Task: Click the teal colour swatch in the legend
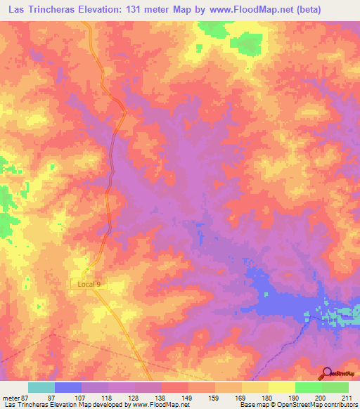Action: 41,387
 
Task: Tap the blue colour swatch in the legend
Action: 67,387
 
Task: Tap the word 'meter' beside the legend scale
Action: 9,397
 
